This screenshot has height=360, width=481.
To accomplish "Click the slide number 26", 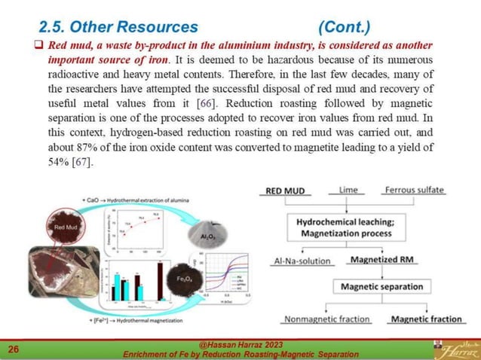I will point(13,349).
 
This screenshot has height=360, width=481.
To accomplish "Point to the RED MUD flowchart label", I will point(285,191).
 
